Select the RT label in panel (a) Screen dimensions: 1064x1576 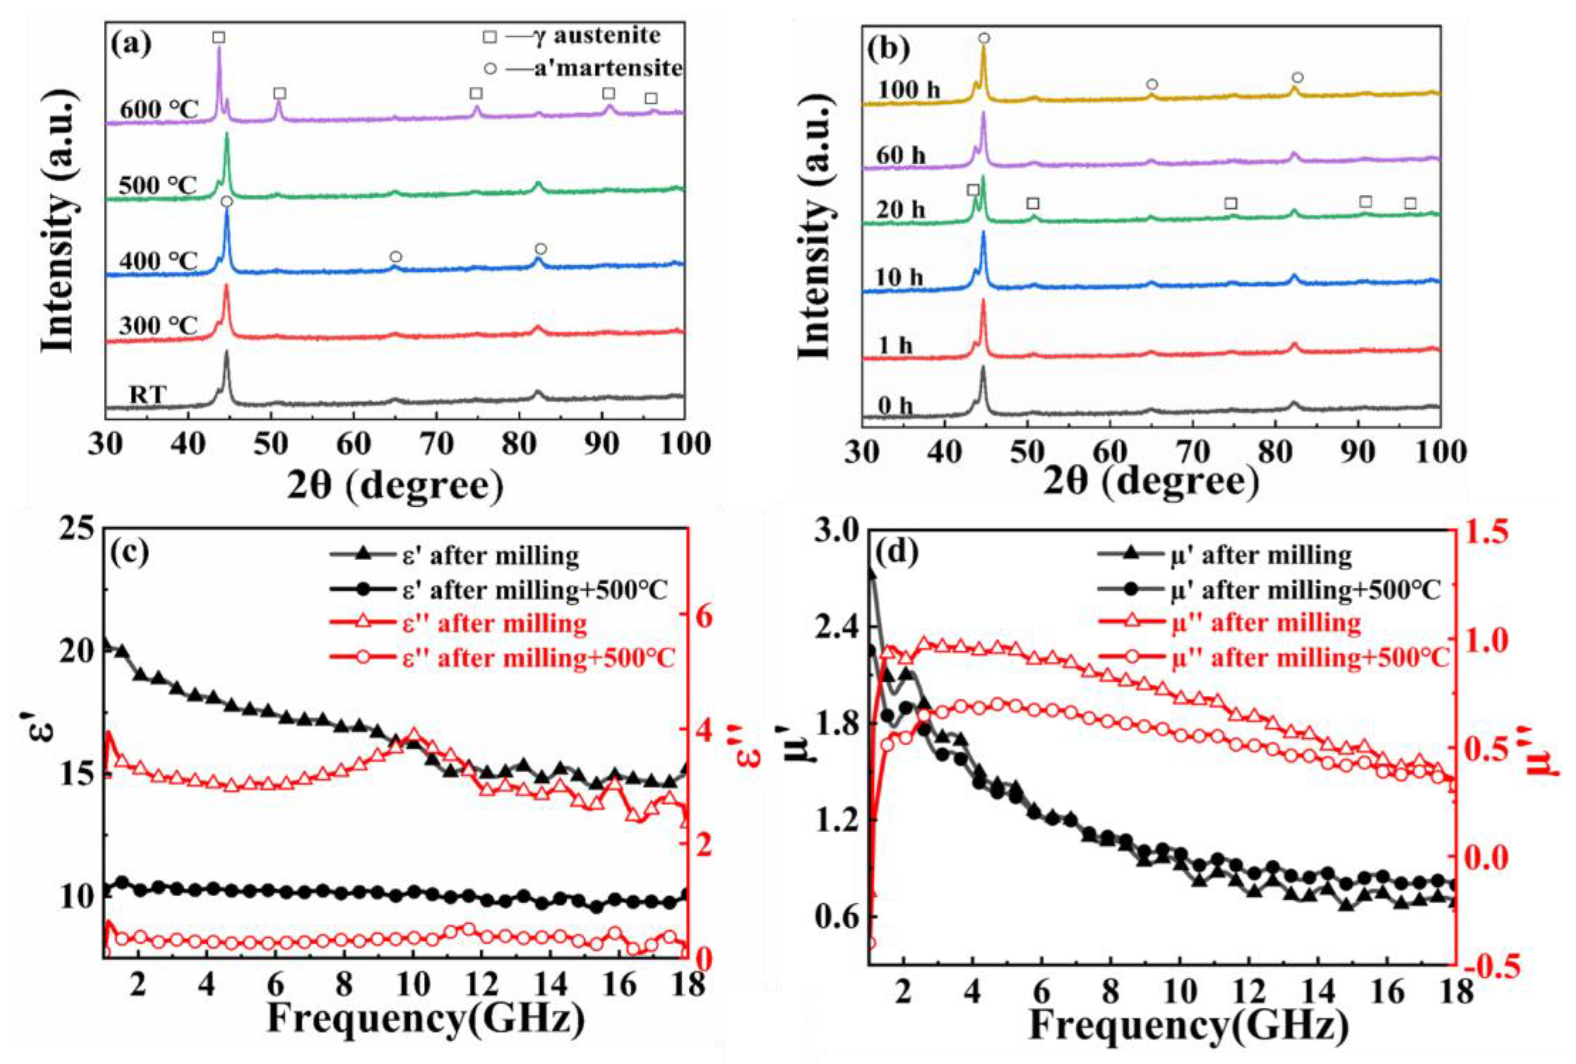[x=147, y=394]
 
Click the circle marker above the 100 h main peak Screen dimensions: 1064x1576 [x=984, y=38]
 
